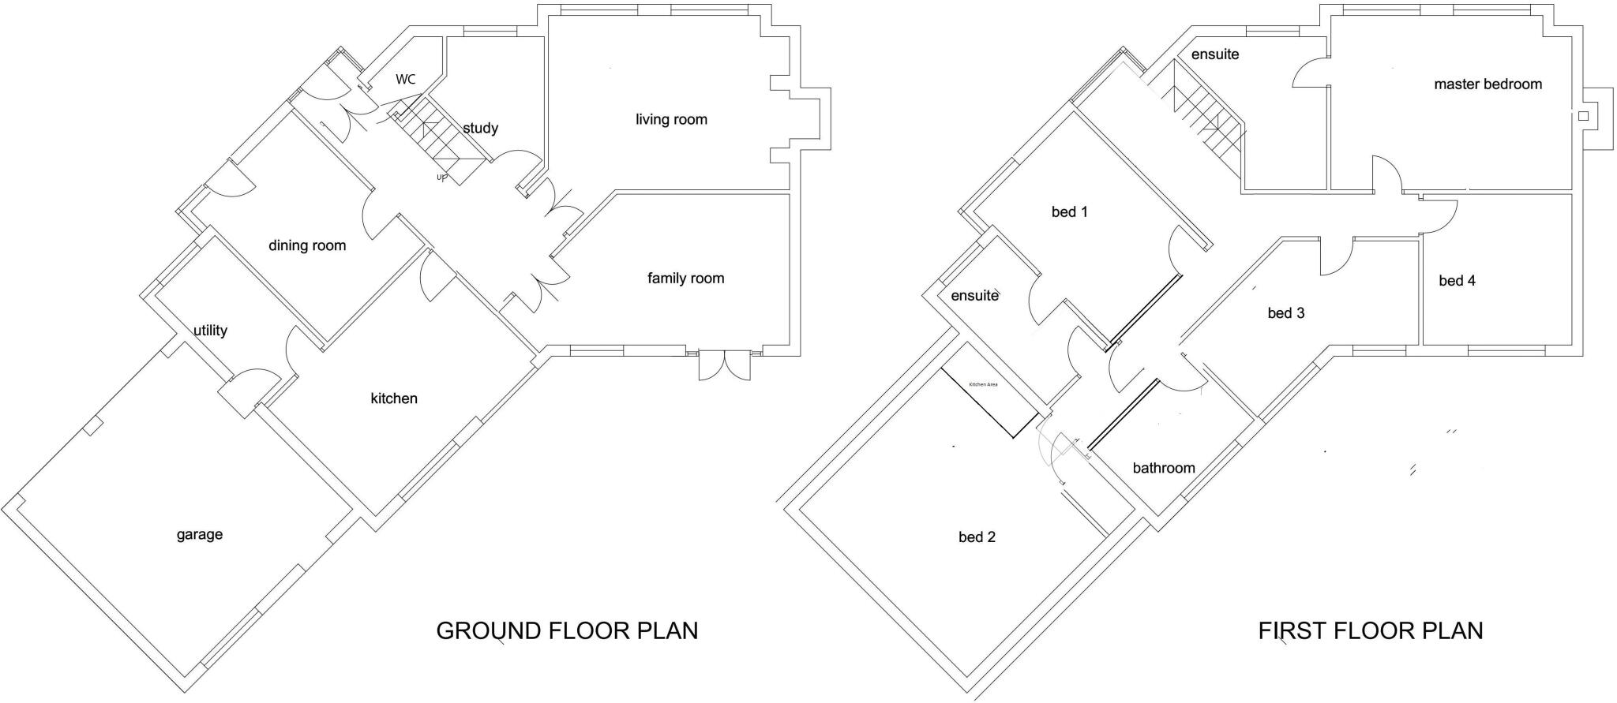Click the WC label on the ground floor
click(x=405, y=79)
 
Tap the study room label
click(x=480, y=128)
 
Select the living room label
click(x=671, y=119)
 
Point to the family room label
click(x=685, y=278)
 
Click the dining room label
click(x=307, y=245)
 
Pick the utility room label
click(x=210, y=331)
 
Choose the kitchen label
click(x=394, y=398)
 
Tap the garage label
click(x=199, y=535)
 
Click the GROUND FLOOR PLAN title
click(x=567, y=631)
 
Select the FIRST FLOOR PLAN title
click(x=1370, y=631)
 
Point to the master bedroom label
click(x=1488, y=84)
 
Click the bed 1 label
click(x=1069, y=211)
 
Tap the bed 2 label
click(x=977, y=537)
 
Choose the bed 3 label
click(x=1285, y=313)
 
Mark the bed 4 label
click(x=1457, y=281)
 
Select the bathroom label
click(x=1163, y=468)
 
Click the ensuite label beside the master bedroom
click(x=1215, y=54)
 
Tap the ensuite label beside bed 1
click(x=974, y=296)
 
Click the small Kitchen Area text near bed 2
click(x=983, y=384)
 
